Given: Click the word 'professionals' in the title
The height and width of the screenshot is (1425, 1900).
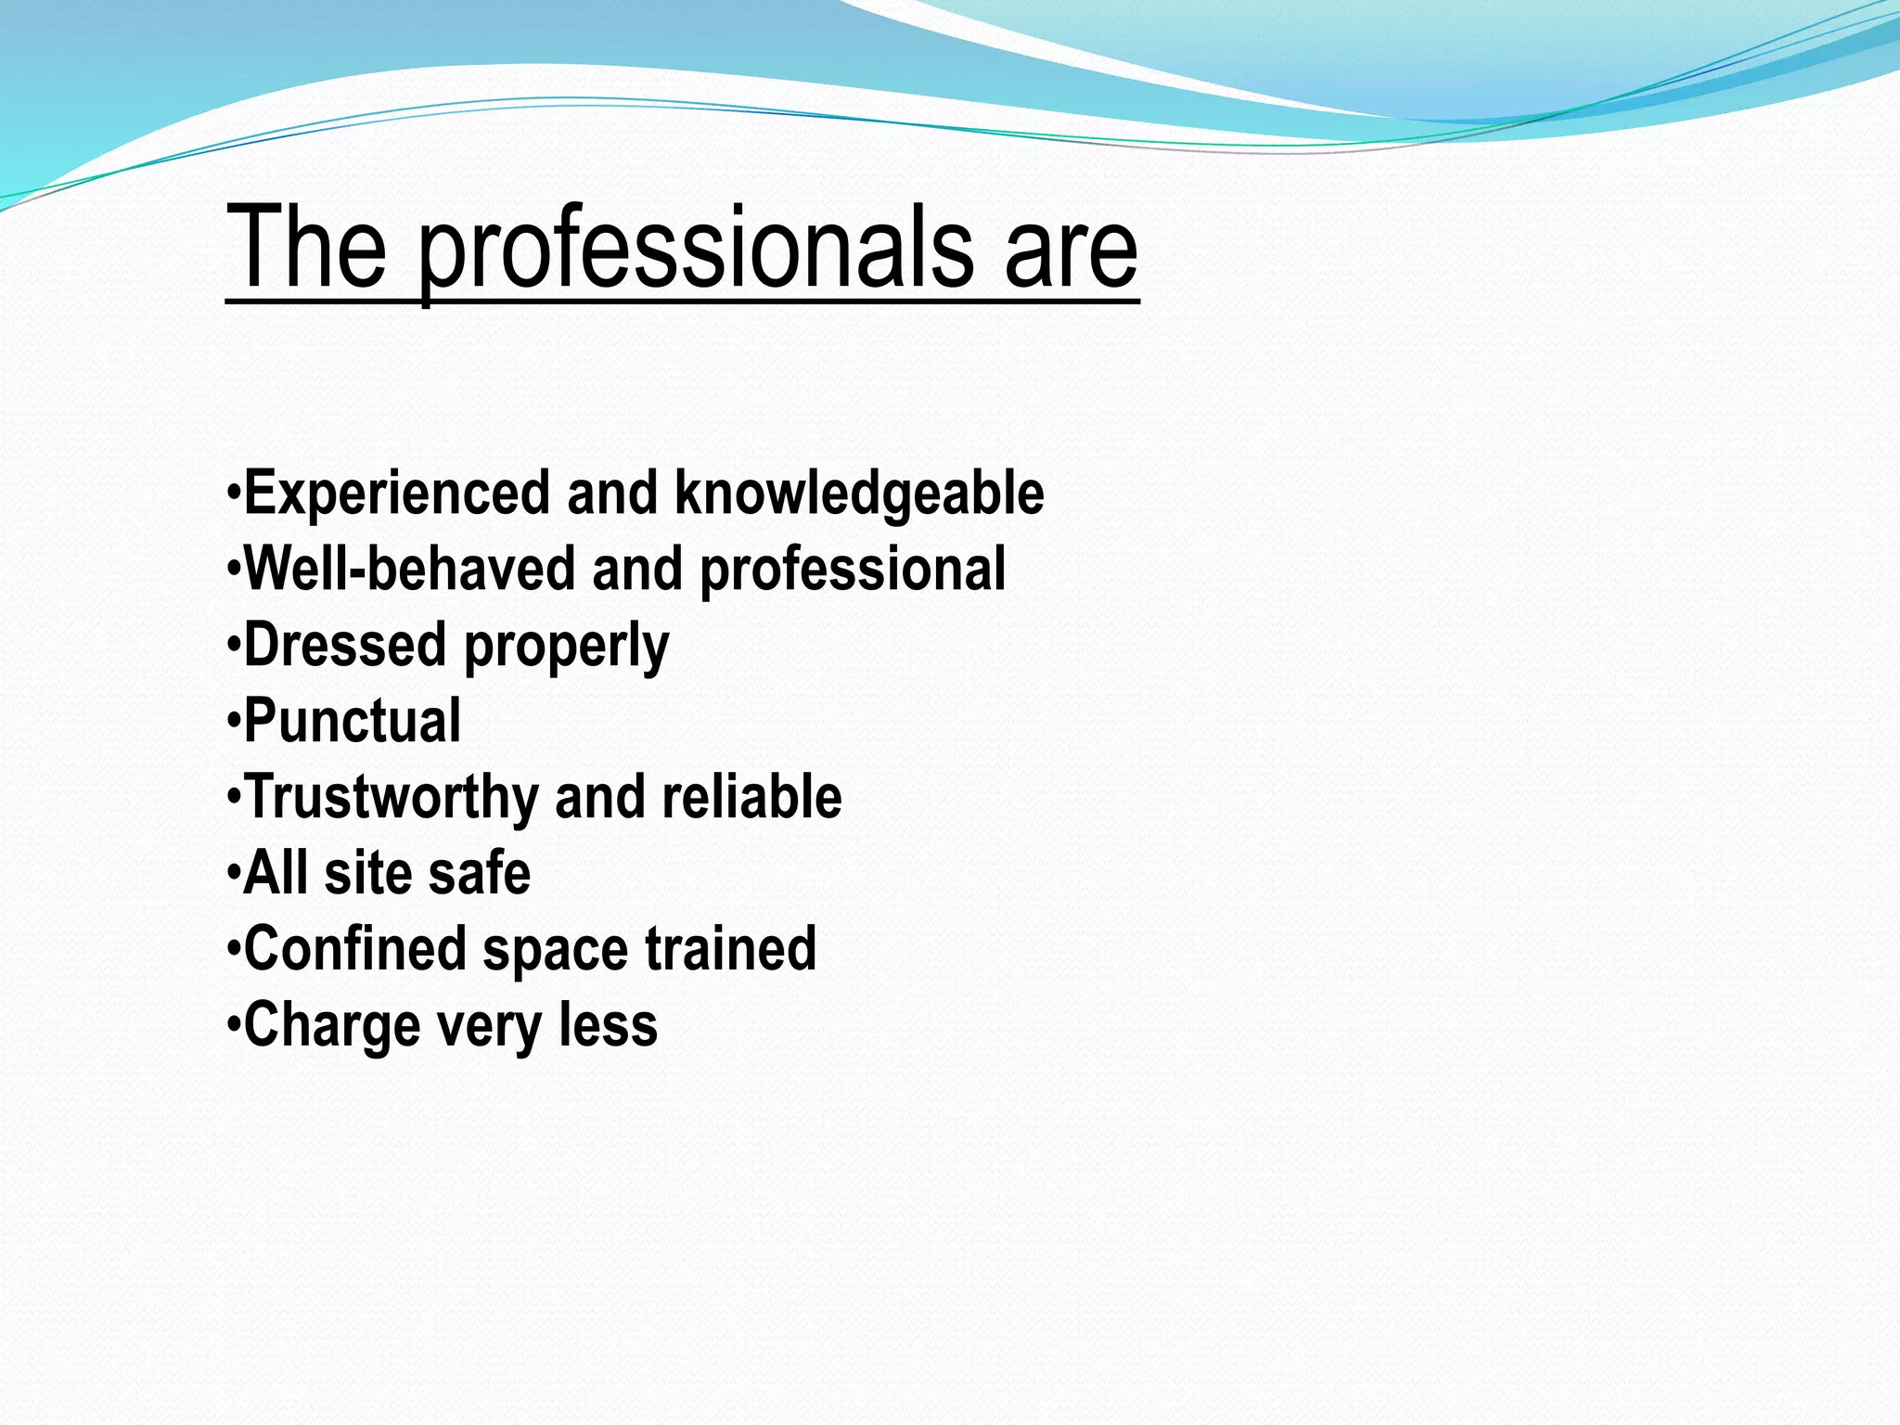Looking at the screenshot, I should click(x=696, y=250).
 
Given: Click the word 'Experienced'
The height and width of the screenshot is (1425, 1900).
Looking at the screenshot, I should click(x=397, y=493).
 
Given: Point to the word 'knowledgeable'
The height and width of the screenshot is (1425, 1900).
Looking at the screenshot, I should click(x=859, y=493).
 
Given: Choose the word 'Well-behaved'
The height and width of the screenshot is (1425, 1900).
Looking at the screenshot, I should click(x=409, y=569).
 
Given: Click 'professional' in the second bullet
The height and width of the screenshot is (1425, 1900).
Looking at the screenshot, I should click(x=853, y=571).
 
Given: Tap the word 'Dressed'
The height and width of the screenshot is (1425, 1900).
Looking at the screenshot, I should click(x=345, y=645).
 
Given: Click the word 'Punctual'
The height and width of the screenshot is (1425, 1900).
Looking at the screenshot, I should click(x=353, y=721).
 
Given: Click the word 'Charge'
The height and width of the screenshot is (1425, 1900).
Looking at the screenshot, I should click(x=332, y=1027).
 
